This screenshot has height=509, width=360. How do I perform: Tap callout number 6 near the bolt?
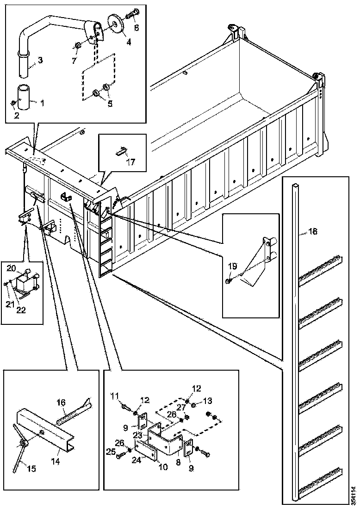coord(136,28)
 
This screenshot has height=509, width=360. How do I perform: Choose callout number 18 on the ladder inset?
coord(313,231)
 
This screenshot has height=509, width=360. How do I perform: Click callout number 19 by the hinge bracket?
coord(232,267)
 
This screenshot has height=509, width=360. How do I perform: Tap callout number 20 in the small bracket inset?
coord(11,268)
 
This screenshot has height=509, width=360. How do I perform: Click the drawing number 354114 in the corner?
coord(354,495)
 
